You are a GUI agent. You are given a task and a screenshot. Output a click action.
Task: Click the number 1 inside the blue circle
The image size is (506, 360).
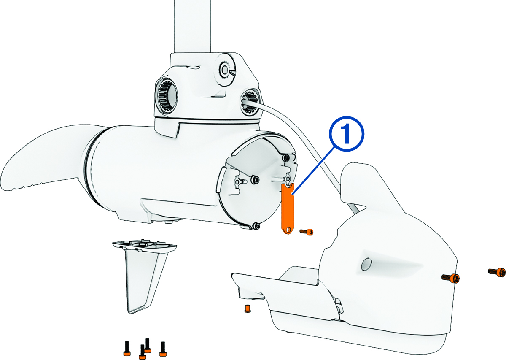pyautogui.click(x=346, y=134)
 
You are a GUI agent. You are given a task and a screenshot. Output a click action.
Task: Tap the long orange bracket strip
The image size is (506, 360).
pyautogui.click(x=287, y=208)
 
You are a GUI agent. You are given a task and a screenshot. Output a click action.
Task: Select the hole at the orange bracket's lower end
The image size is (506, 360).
pyautogui.click(x=287, y=230)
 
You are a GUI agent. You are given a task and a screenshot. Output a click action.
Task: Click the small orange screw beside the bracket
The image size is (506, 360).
pyautogui.click(x=307, y=232)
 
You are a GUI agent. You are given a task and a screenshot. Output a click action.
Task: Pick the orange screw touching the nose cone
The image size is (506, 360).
pyautogui.click(x=451, y=278)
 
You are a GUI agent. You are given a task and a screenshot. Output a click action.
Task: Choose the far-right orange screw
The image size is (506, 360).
pyautogui.click(x=497, y=272)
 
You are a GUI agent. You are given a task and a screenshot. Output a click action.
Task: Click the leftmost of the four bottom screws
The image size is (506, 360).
pyautogui.click(x=127, y=348)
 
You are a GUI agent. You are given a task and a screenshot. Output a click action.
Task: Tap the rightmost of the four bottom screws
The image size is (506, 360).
pyautogui.click(x=163, y=349)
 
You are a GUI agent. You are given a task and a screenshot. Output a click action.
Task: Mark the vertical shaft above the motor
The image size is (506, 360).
pyautogui.click(x=193, y=27)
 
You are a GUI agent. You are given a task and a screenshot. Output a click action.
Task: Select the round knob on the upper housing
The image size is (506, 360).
pyautogui.click(x=224, y=70)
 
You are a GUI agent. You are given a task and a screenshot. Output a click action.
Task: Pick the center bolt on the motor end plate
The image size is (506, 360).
pyautogui.click(x=256, y=180)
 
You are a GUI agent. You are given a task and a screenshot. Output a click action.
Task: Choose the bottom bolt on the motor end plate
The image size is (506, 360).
pyautogui.click(x=256, y=226)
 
